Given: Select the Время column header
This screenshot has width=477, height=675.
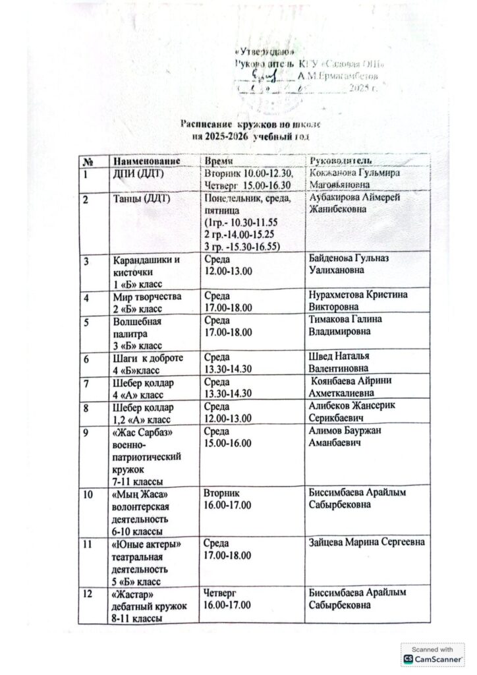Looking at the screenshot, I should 217,161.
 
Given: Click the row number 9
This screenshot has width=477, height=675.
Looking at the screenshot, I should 86,430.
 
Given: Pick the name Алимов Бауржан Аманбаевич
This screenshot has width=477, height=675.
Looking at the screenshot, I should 345,436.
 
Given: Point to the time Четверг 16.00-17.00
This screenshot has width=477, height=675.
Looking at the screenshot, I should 228,599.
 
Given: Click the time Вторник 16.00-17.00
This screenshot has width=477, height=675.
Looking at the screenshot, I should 228,499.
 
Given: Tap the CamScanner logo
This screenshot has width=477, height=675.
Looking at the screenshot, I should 433,659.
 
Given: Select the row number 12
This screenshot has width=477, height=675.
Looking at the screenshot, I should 88,593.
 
